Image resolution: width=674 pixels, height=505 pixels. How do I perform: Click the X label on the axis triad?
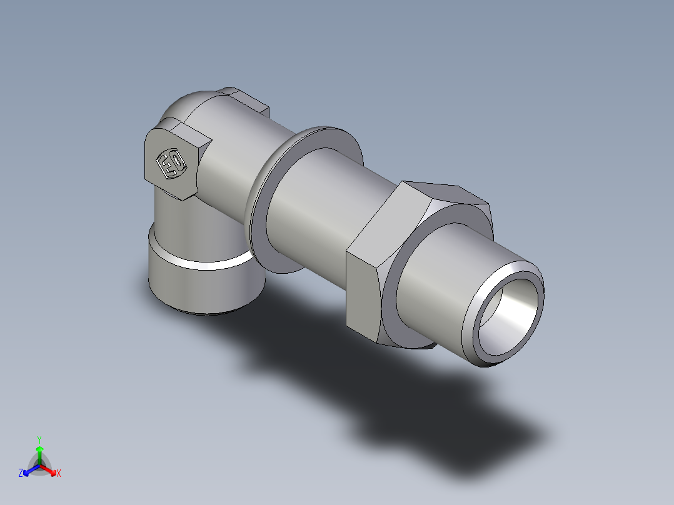(59, 474)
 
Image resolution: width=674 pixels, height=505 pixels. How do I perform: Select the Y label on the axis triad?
(39, 439)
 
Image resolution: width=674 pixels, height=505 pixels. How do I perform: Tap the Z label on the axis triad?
(21, 474)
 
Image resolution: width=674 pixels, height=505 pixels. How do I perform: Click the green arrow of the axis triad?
(39, 452)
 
